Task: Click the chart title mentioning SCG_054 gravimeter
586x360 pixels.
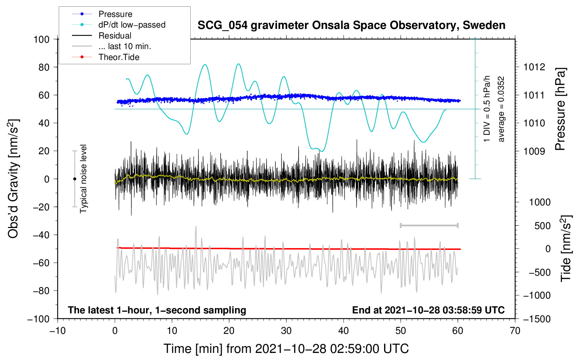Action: tap(351, 25)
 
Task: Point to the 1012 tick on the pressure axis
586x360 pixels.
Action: tap(534, 67)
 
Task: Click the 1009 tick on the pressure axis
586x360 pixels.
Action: tap(534, 151)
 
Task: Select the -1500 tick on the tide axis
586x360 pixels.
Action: tap(537, 319)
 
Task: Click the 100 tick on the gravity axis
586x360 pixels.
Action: tap(41, 39)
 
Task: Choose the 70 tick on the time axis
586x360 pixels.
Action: tap(515, 331)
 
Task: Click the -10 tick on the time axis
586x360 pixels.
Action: tap(58, 331)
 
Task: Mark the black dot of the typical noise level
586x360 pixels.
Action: tap(74, 179)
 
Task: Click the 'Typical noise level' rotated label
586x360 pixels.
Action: tap(83, 179)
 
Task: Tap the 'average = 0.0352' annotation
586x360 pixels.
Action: tap(501, 109)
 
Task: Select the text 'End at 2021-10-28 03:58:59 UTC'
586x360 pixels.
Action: tap(428, 310)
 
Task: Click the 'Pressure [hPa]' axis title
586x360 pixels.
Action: tap(561, 109)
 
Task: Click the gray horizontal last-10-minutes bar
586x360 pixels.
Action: tap(429, 226)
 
